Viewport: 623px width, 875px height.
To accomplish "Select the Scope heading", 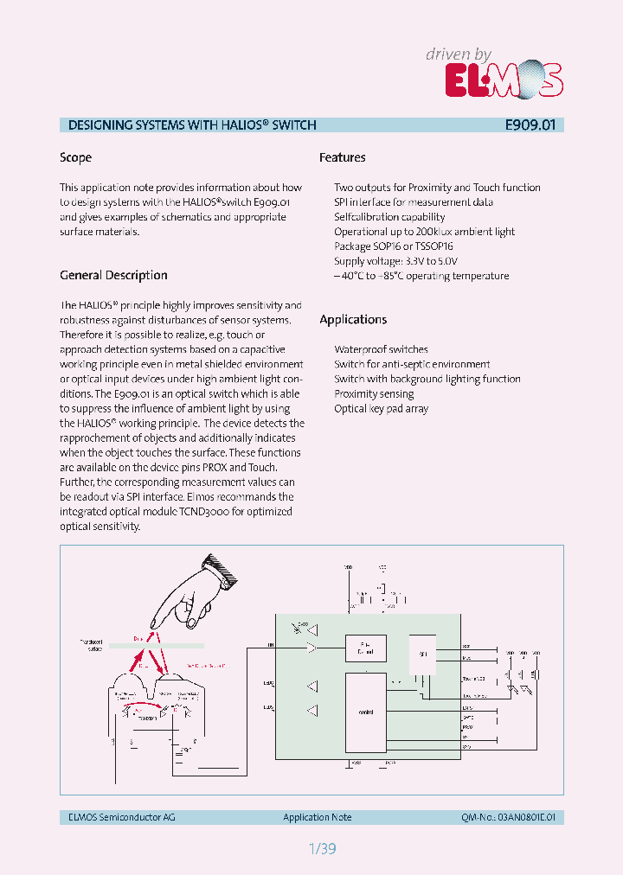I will (75, 157).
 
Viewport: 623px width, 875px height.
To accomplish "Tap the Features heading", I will (342, 157).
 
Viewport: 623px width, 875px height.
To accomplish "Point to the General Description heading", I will (113, 275).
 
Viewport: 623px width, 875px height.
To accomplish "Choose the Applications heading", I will (353, 319).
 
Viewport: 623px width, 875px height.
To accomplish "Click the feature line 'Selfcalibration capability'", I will (389, 217).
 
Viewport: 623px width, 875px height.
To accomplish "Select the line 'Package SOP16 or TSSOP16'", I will (394, 246).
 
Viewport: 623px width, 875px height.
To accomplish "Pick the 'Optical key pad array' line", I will (381, 408).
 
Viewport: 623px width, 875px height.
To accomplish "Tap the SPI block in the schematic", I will (423, 655).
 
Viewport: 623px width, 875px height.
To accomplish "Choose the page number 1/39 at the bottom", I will (321, 849).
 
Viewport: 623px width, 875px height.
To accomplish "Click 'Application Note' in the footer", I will (318, 817).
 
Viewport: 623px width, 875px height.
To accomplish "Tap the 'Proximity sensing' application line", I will (374, 393).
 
